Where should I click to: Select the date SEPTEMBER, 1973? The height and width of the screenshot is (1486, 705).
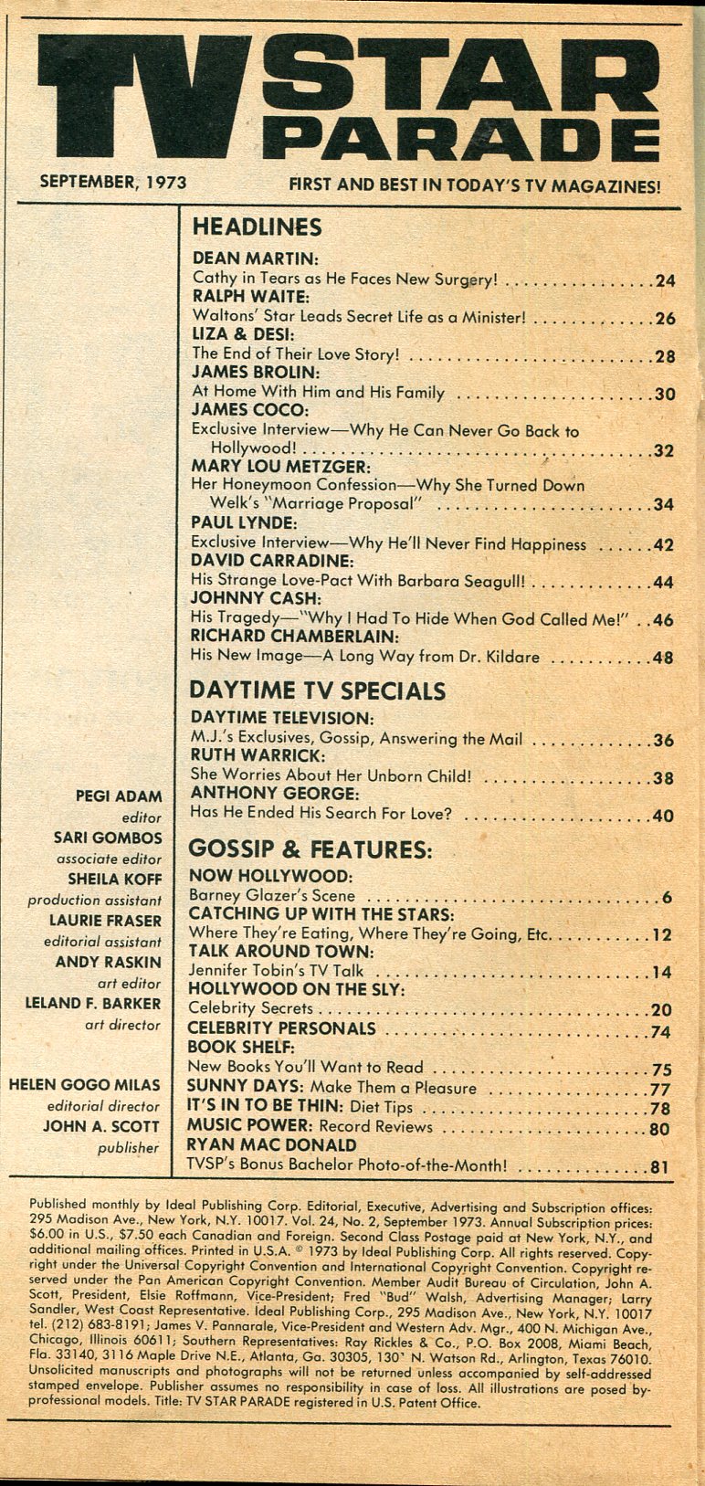pyautogui.click(x=112, y=182)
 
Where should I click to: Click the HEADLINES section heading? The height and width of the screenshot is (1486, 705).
pyautogui.click(x=257, y=227)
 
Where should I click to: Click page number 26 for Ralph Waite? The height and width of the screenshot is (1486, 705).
pyautogui.click(x=665, y=319)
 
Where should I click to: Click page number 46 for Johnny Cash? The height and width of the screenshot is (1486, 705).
pyautogui.click(x=663, y=620)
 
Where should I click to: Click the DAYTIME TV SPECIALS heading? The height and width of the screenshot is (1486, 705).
pyautogui.click(x=317, y=690)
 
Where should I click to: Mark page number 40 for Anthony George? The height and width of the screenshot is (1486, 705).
pyautogui.click(x=663, y=816)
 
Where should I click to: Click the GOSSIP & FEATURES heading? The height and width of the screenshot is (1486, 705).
pyautogui.click(x=310, y=850)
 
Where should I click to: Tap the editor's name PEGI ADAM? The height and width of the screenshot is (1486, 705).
pyautogui.click(x=119, y=796)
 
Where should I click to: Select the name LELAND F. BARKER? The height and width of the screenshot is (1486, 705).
pyautogui.click(x=93, y=1003)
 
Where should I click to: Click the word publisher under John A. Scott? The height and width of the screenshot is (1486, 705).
pyautogui.click(x=129, y=1148)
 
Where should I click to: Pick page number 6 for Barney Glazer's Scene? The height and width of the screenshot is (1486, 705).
pyautogui.click(x=668, y=897)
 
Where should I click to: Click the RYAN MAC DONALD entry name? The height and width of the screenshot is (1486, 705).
pyautogui.click(x=271, y=1145)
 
